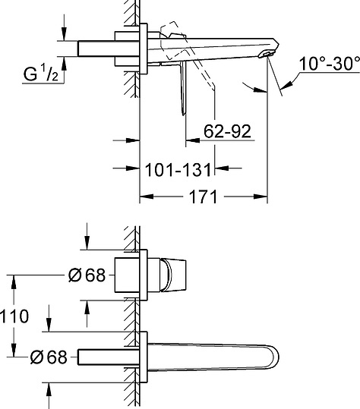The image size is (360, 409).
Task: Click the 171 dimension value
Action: click(203, 197)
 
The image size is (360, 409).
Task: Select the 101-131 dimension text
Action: click(178, 170)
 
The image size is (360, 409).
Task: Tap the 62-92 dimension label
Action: click(227, 131)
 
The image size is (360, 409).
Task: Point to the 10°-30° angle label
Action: click(329, 64)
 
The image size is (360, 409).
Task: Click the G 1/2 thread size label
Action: click(41, 74)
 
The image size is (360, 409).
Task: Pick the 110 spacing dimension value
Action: click(14, 316)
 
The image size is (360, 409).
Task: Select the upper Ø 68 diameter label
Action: click(87, 275)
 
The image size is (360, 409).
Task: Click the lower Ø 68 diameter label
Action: click(49, 357)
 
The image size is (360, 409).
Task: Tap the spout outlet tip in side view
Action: click(267, 54)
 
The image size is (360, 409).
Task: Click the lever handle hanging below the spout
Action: click(184, 88)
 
